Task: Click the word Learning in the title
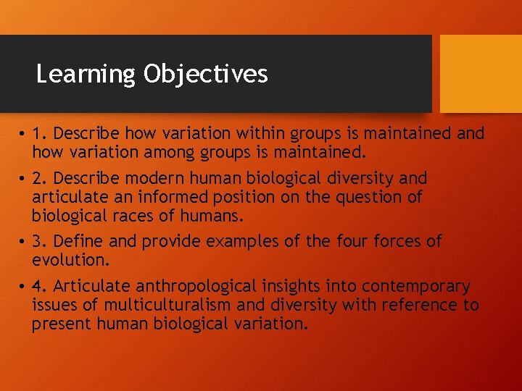click(x=86, y=75)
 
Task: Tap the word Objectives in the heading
click(x=205, y=75)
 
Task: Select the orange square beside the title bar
click(x=481, y=74)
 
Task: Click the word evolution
click(x=69, y=260)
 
